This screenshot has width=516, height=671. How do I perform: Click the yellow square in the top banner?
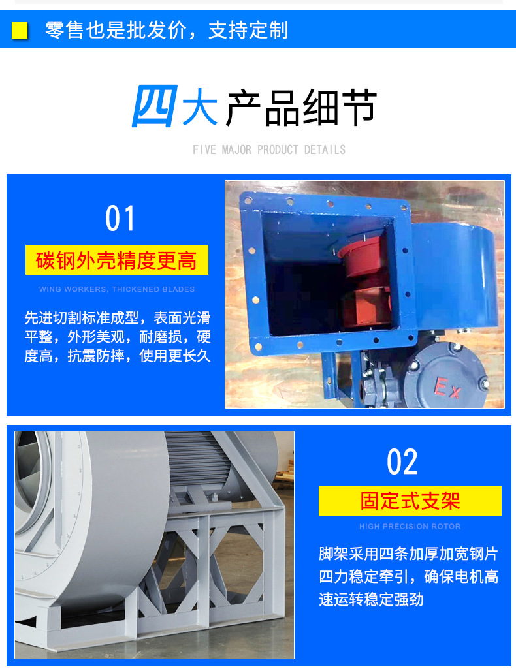(x=20, y=30)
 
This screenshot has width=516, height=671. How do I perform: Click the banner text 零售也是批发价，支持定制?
(x=167, y=30)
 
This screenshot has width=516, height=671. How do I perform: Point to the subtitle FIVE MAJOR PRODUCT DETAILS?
(x=269, y=150)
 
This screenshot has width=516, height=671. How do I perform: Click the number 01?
(x=120, y=219)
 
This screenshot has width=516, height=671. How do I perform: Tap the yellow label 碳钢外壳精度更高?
(x=116, y=261)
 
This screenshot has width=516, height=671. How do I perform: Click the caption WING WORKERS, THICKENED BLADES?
(x=117, y=289)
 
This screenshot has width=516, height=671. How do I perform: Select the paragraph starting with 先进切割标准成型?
(x=118, y=337)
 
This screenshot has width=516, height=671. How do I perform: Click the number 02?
(x=402, y=462)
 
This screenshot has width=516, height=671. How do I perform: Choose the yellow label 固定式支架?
(x=410, y=501)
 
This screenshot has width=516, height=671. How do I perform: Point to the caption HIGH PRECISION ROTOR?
(x=410, y=527)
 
